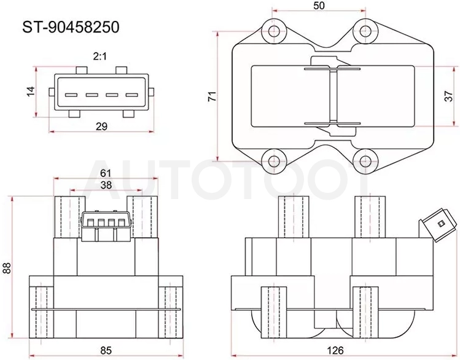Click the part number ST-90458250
click(71, 27)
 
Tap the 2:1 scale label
click(99, 57)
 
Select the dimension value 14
click(31, 92)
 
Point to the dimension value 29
click(102, 127)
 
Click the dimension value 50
click(319, 6)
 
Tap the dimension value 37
click(449, 96)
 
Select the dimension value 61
click(106, 173)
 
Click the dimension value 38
click(106, 185)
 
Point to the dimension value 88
click(7, 268)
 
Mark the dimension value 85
click(106, 350)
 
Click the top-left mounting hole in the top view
click(275, 31)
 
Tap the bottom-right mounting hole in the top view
click(365, 161)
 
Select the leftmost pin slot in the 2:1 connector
click(71, 95)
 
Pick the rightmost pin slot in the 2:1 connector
click(131, 95)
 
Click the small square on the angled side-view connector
click(440, 224)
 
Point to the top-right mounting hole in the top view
click(365, 31)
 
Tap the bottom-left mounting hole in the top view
click(275, 161)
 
